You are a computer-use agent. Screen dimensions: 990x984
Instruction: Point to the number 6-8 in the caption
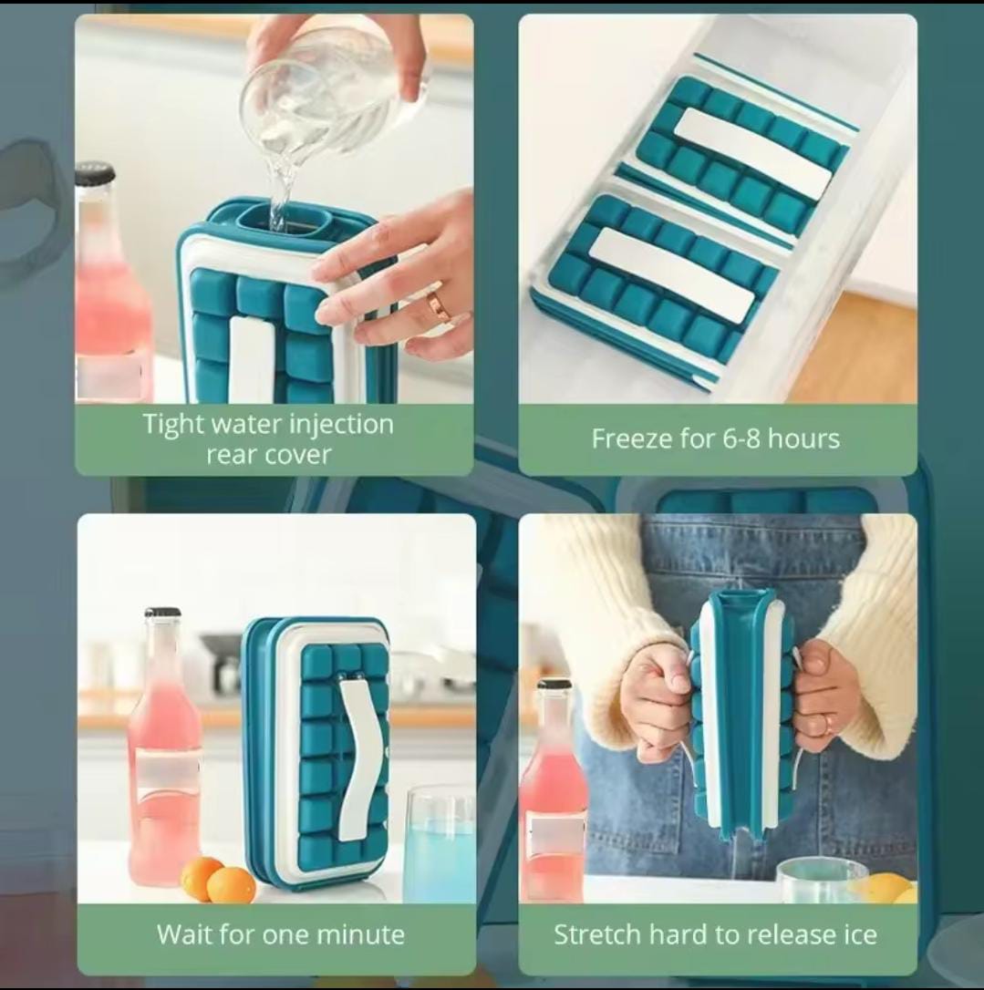click(x=731, y=438)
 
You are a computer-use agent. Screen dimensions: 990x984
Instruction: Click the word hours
click(x=803, y=438)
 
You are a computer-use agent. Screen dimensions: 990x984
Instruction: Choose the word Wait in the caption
click(x=186, y=934)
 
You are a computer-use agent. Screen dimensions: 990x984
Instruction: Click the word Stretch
click(x=597, y=934)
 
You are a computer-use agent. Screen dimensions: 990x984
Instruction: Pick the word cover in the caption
click(x=299, y=454)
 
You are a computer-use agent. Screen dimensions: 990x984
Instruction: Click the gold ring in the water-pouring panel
click(x=440, y=306)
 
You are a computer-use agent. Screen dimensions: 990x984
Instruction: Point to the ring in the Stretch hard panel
click(x=826, y=725)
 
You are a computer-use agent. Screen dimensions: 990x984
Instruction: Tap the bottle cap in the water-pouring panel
click(x=95, y=173)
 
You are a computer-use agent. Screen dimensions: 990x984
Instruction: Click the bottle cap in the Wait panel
click(x=162, y=613)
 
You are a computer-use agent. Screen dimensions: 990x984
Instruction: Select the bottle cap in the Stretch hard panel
click(x=554, y=684)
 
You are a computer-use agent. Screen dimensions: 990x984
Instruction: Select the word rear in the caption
click(x=233, y=454)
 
